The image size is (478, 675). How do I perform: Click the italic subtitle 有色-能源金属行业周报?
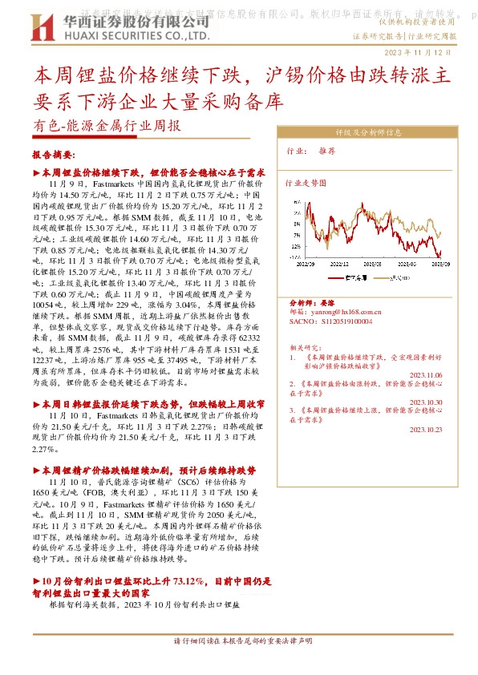coord(106,126)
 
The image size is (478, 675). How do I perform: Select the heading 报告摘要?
coord(53,155)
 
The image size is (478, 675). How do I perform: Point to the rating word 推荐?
coord(326,150)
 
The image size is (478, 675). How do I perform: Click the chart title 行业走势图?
coord(306,184)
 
